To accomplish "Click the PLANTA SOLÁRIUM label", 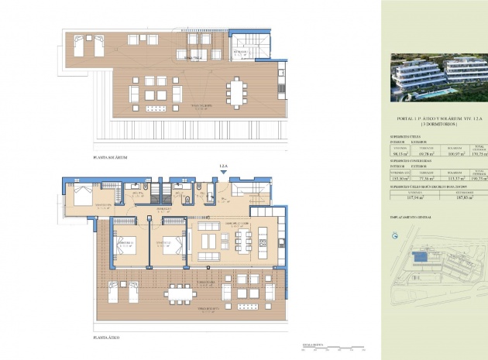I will (110, 157).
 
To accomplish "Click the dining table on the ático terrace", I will (180, 293).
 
